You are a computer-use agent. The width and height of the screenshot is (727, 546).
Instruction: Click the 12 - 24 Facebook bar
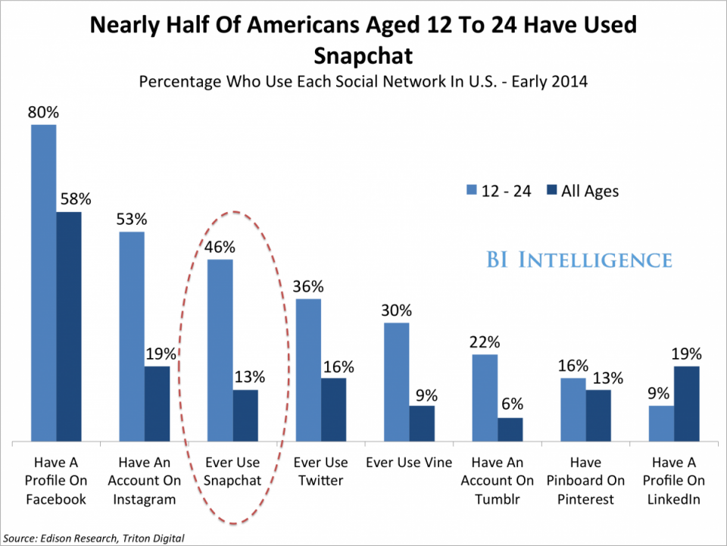[x=43, y=282]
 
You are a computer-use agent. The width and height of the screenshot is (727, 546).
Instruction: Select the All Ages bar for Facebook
[x=69, y=326]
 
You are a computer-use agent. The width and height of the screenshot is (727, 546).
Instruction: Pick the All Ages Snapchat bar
[x=245, y=415]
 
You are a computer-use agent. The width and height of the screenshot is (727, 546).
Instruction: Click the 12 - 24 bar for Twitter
[x=308, y=370]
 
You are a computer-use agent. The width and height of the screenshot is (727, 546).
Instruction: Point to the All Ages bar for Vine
[x=423, y=423]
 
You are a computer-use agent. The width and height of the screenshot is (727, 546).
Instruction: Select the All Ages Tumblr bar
[x=510, y=429]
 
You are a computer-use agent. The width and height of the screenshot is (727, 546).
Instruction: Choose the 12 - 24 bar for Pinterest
[x=573, y=409]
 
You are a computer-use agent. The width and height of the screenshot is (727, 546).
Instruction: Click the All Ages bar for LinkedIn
[x=687, y=403]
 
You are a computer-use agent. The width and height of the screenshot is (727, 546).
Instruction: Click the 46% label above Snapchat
[x=220, y=248]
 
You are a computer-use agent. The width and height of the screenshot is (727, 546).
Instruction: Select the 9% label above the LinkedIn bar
[x=660, y=394]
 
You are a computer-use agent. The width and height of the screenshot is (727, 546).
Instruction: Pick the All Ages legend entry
[x=581, y=191]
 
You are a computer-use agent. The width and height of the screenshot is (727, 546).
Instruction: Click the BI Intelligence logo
[x=579, y=260]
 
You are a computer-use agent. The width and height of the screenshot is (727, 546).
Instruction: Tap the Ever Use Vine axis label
[x=409, y=462]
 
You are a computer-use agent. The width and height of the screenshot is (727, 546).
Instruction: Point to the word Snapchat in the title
[x=363, y=55]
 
